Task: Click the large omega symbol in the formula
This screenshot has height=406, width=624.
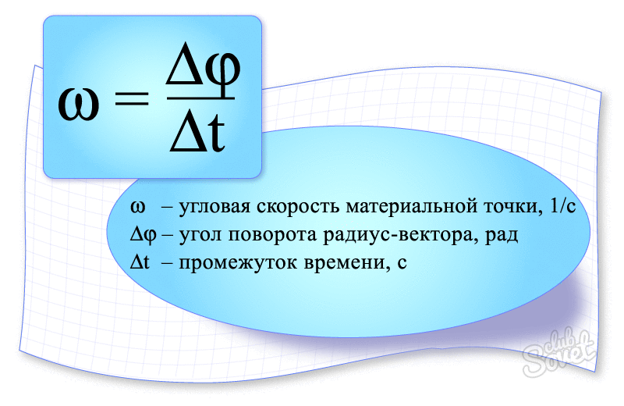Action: [79, 105]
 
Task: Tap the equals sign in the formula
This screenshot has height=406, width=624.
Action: [131, 99]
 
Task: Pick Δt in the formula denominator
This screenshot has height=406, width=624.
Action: [197, 131]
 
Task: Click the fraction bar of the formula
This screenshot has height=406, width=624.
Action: [200, 98]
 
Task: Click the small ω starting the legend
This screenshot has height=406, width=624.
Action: [138, 207]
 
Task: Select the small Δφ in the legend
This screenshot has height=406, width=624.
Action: [144, 235]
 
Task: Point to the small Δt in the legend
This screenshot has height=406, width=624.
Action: [140, 262]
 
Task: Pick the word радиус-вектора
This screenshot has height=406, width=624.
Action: [400, 236]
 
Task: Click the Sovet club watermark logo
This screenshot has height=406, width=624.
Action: [560, 351]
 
